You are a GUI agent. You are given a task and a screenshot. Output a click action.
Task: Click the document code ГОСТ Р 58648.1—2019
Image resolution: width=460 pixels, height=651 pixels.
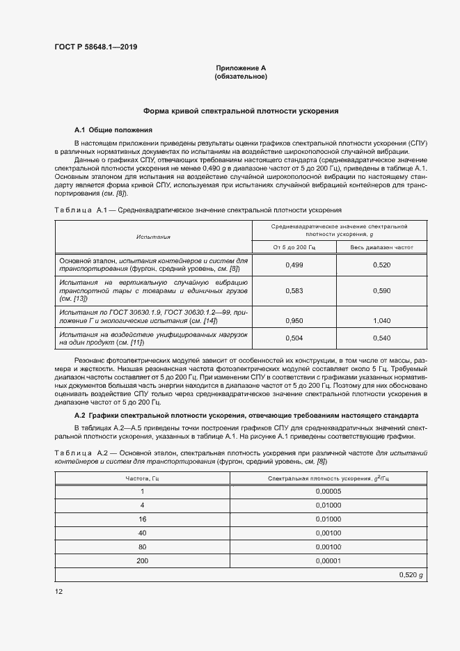pyautogui.click(x=95, y=47)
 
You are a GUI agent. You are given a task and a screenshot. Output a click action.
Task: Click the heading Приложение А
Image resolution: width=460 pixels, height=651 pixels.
pyautogui.click(x=241, y=68)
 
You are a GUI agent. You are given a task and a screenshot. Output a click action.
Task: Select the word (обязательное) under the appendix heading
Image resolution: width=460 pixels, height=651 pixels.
pyautogui.click(x=241, y=77)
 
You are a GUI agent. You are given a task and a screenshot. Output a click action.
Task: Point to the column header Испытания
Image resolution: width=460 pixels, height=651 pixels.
pyautogui.click(x=153, y=237)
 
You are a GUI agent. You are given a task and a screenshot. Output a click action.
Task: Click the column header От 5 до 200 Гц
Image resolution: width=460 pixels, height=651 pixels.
pyautogui.click(x=293, y=247)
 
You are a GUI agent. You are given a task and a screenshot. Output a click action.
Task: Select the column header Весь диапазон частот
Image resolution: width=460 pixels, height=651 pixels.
pyautogui.click(x=381, y=247)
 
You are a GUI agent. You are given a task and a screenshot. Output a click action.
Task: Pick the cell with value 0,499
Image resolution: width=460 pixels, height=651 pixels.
pyautogui.click(x=294, y=265)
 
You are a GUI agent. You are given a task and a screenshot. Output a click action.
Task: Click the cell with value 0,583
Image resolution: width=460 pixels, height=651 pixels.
pyautogui.click(x=294, y=291)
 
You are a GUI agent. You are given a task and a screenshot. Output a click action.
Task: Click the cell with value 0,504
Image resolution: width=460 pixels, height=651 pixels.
pyautogui.click(x=294, y=338)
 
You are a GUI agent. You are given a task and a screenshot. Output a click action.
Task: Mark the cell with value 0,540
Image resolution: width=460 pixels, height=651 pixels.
pyautogui.click(x=381, y=338)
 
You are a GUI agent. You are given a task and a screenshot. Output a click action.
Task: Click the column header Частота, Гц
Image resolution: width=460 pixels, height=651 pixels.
pyautogui.click(x=143, y=478)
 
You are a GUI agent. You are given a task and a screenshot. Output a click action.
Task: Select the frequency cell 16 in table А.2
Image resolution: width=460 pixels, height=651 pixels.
pyautogui.click(x=143, y=519)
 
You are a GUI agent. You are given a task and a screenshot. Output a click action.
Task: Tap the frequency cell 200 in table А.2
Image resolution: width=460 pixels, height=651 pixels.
pyautogui.click(x=143, y=560)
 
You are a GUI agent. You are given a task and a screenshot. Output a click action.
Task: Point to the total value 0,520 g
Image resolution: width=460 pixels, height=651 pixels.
pyautogui.click(x=411, y=574)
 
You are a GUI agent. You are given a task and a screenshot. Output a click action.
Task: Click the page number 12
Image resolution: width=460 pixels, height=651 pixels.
pyautogui.click(x=59, y=592)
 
